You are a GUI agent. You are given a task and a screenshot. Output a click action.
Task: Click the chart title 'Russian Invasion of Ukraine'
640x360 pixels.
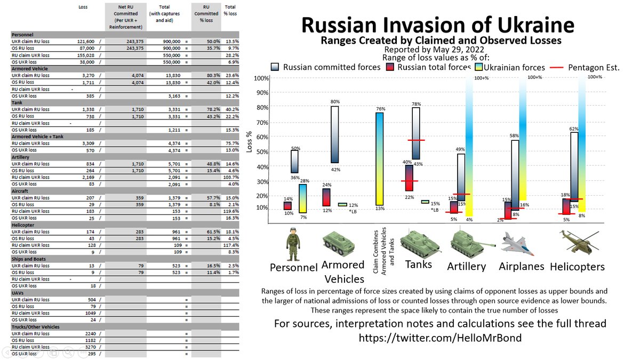click(x=438, y=25)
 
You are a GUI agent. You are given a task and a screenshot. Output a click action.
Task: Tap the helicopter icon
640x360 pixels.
click(x=577, y=243)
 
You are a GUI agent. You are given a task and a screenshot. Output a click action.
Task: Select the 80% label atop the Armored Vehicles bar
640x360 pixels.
click(x=334, y=101)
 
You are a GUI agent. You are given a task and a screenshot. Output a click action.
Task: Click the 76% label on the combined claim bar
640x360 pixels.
click(x=379, y=109)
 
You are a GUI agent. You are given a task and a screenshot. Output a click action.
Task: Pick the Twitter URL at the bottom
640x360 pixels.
click(x=439, y=338)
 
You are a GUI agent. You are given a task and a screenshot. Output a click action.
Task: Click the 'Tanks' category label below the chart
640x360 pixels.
click(x=419, y=264)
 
